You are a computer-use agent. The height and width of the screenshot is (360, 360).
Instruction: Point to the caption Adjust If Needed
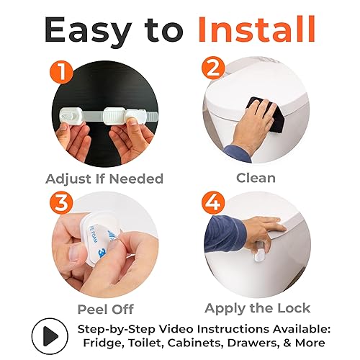point(104,179)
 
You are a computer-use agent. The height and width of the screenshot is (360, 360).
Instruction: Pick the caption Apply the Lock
point(258,309)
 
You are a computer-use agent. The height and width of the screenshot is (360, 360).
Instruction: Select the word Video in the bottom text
point(188,329)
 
